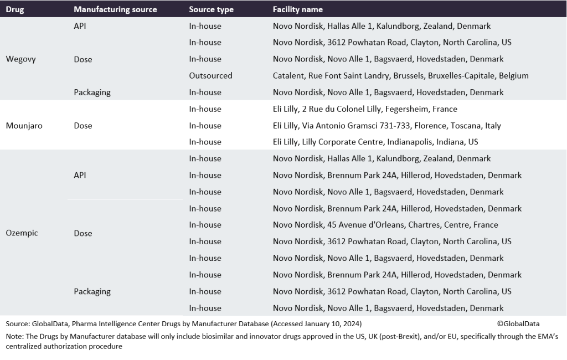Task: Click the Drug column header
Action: pyautogui.click(x=14, y=9)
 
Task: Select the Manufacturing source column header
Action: pyautogui.click(x=115, y=9)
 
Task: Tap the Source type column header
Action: pyautogui.click(x=211, y=9)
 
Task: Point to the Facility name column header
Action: pyautogui.click(x=298, y=9)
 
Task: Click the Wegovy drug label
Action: pyautogui.click(x=20, y=59)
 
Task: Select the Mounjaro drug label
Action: pyautogui.click(x=24, y=126)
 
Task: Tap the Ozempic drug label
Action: pyautogui.click(x=22, y=233)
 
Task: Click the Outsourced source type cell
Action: pyautogui.click(x=210, y=75)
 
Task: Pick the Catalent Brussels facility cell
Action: pyautogui.click(x=400, y=75)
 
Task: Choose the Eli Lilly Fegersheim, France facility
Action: pyautogui.click(x=365, y=109)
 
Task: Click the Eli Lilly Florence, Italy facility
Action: pyautogui.click(x=386, y=126)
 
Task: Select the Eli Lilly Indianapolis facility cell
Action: pyautogui.click(x=375, y=142)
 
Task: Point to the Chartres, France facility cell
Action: pyautogui.click(x=385, y=225)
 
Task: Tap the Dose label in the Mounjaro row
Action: pyautogui.click(x=83, y=126)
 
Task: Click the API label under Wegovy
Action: pyautogui.click(x=80, y=26)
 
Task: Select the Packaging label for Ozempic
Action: pyautogui.click(x=92, y=291)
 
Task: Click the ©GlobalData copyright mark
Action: pyautogui.click(x=518, y=324)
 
